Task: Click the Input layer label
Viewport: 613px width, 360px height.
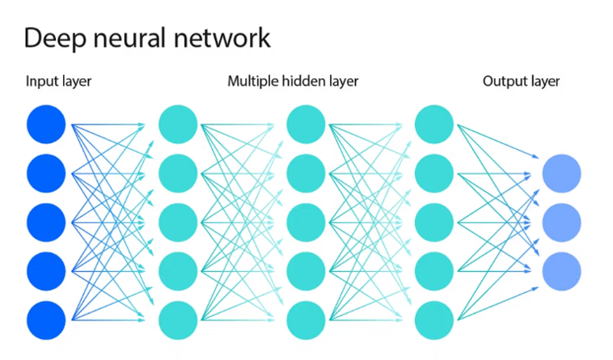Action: [59, 82]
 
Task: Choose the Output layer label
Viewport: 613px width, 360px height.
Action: [521, 82]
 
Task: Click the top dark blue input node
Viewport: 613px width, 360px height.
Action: [45, 124]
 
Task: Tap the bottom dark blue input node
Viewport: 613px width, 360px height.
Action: [45, 320]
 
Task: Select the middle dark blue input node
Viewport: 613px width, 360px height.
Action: [45, 222]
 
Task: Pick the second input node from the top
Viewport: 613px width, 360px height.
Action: [45, 172]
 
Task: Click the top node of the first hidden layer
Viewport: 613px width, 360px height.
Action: [178, 124]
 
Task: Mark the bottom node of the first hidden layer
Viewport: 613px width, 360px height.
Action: [178, 320]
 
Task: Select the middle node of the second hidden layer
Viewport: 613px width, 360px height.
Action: [306, 222]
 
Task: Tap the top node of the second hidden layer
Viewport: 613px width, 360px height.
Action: [306, 124]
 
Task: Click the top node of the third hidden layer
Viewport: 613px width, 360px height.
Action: [433, 124]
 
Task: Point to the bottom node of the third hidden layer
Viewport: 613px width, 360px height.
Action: [433, 320]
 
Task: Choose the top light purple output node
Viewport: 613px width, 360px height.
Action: [561, 173]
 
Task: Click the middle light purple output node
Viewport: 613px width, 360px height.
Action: [561, 222]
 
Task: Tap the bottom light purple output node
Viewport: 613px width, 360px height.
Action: [561, 270]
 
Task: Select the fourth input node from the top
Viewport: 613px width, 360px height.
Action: [45, 270]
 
